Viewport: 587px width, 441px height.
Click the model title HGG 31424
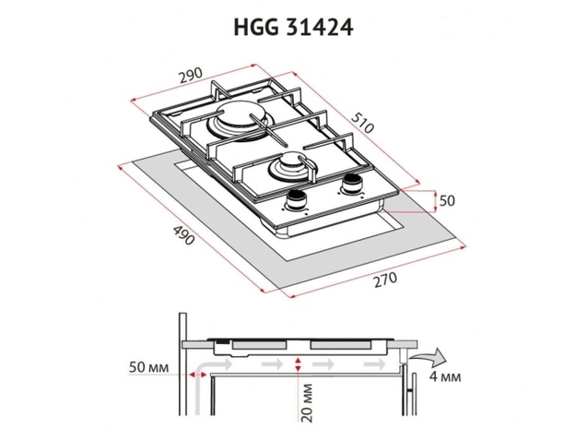[x=293, y=28]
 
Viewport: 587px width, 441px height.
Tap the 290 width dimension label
[x=190, y=75]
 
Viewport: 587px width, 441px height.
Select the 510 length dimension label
[x=363, y=122]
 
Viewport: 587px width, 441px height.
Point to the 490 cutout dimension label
[x=183, y=234]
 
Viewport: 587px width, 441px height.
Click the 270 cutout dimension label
[x=385, y=280]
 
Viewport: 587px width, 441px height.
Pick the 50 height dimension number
[x=447, y=201]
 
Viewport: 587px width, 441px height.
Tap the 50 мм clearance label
[x=148, y=367]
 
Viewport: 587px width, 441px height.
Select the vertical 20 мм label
[x=308, y=402]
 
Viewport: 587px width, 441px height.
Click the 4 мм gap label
[x=445, y=376]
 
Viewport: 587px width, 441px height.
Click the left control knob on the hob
[x=296, y=200]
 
